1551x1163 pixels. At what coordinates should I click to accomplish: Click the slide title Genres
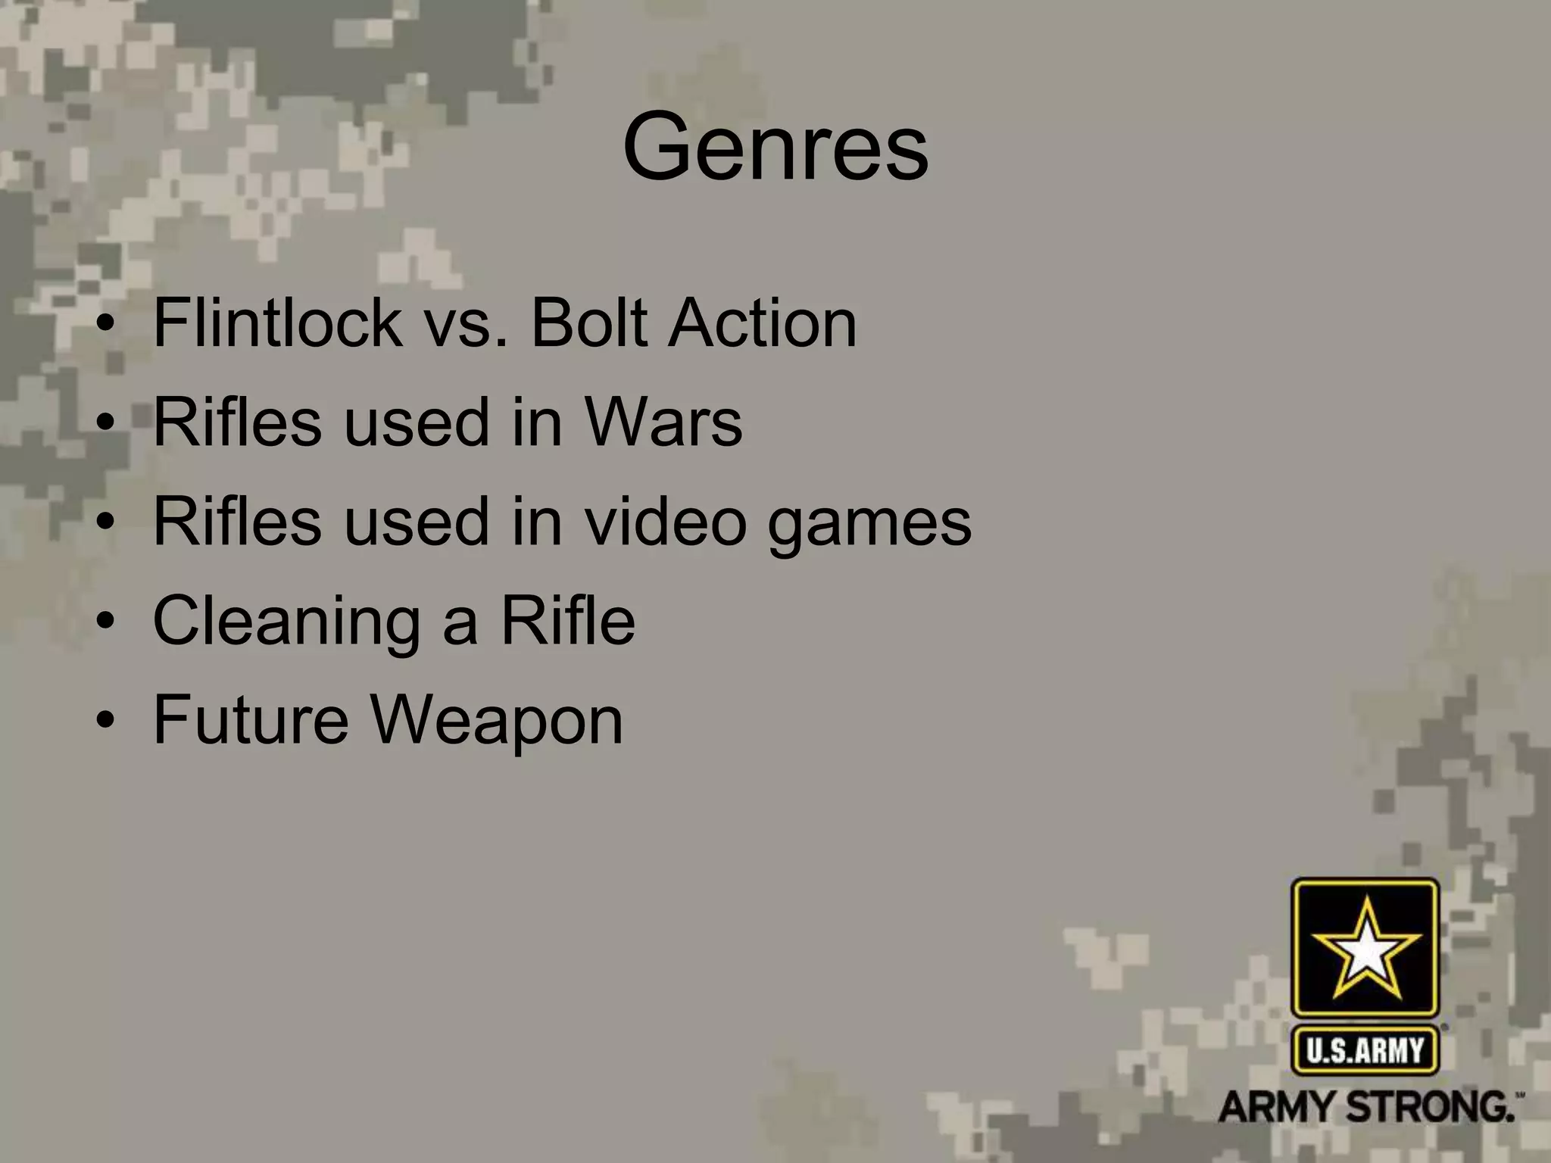click(x=775, y=148)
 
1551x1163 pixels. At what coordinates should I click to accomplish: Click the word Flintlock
click(x=277, y=323)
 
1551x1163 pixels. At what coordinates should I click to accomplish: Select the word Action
click(x=762, y=323)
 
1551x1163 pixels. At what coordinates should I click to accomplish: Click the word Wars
click(x=663, y=422)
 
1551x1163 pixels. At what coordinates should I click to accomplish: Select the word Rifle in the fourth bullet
click(x=567, y=620)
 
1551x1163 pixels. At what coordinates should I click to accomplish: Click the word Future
click(x=251, y=719)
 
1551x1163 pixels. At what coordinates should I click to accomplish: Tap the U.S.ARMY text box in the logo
click(x=1365, y=1050)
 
